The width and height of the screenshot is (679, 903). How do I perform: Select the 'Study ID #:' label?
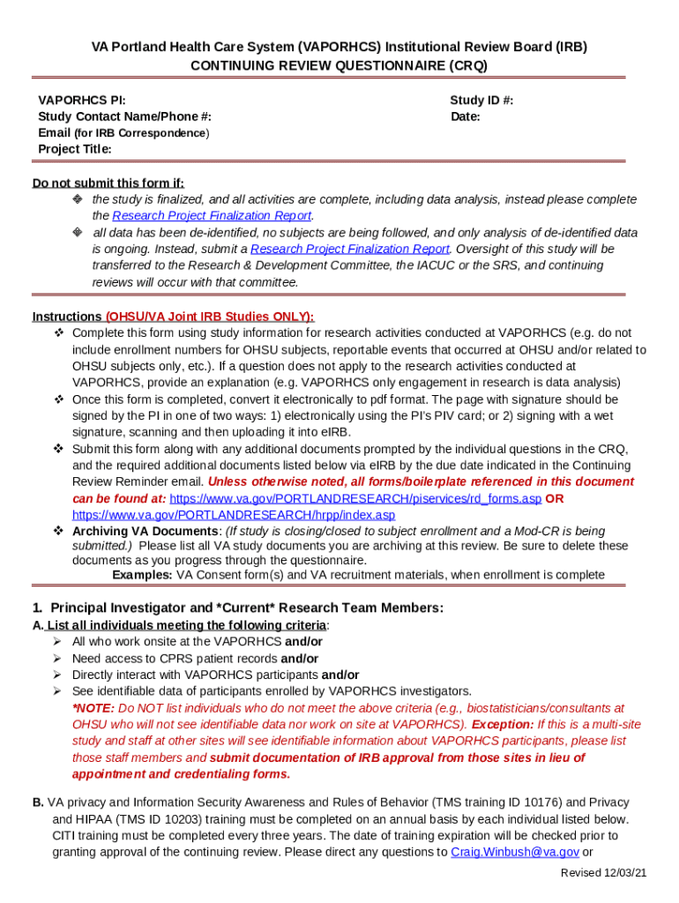coord(481,101)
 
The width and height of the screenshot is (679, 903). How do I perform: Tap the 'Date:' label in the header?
coord(465,116)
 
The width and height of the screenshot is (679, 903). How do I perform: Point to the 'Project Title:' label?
coord(75,149)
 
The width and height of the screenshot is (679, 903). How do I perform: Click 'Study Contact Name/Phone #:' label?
coord(124,116)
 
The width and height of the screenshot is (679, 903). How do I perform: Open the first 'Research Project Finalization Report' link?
coord(213,216)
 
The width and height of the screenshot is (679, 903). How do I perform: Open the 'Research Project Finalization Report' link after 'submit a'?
coord(350,250)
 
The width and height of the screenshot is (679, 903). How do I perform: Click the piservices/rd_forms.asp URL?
coord(355,498)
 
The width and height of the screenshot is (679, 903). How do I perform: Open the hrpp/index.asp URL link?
coord(234,515)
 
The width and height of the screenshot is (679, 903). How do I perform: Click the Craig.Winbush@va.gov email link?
coord(515,852)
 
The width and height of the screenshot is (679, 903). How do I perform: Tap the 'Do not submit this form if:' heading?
coord(108,183)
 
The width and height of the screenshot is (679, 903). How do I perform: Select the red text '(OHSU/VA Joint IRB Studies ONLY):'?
coord(209,317)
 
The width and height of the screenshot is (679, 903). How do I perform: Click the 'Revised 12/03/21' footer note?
coord(604,872)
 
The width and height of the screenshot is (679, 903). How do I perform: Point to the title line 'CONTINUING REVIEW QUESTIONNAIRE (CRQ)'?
coord(339,65)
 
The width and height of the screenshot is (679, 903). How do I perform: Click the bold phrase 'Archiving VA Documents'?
coord(146,531)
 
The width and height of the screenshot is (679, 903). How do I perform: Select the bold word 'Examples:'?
coord(142,575)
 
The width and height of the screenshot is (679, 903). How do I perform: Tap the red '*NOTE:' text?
coord(93,708)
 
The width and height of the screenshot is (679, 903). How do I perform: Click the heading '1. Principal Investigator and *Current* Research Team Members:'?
coord(238,608)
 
